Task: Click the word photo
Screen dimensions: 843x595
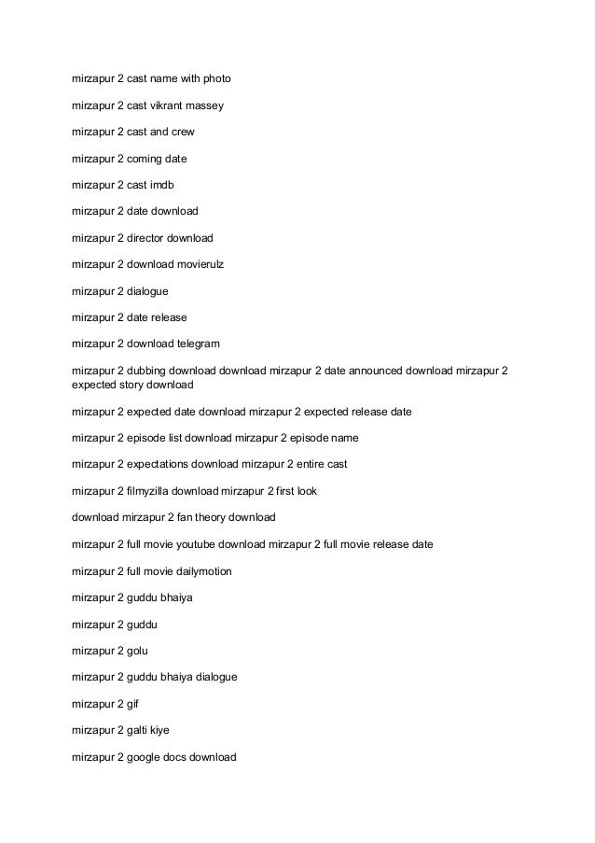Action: point(214,80)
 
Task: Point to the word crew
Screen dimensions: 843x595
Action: point(182,133)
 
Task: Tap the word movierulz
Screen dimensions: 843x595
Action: point(198,264)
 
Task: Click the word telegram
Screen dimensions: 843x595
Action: point(196,344)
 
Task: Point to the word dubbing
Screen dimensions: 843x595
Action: point(147,371)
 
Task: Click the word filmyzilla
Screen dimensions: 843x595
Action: point(151,490)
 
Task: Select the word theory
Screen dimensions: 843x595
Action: point(222,516)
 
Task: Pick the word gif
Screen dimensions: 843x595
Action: point(133,703)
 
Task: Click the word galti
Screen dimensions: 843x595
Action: point(139,730)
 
